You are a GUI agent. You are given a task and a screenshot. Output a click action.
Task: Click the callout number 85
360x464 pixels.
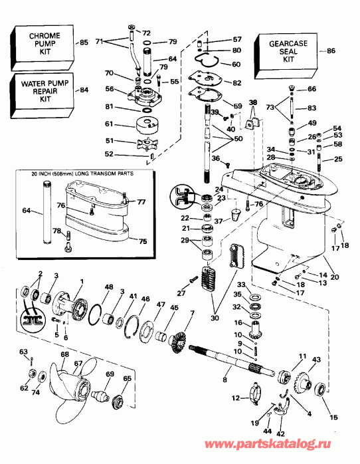tap(84, 43)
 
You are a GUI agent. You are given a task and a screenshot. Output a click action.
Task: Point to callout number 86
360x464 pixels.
tap(332, 51)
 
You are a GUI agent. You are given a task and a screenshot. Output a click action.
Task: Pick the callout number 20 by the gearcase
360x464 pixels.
tap(335, 277)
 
